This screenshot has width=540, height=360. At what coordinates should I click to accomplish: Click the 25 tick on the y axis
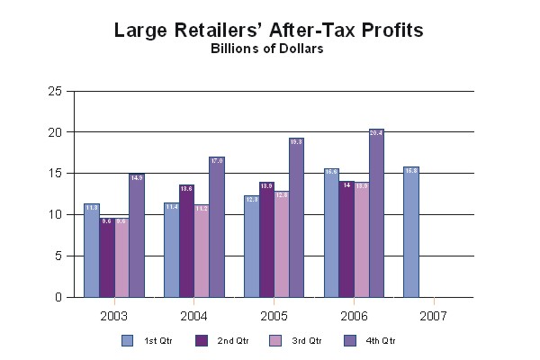pos(55,91)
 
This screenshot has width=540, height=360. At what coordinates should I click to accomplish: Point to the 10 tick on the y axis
pos(55,214)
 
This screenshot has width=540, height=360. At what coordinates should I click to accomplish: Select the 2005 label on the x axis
pos(274,316)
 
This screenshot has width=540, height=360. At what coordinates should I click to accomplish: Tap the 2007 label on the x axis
pos(433,316)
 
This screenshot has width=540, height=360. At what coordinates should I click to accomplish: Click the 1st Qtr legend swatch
pos(127,340)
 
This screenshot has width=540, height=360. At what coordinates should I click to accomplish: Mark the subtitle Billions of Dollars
pos(267,49)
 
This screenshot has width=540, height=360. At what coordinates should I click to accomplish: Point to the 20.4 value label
pos(376,133)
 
